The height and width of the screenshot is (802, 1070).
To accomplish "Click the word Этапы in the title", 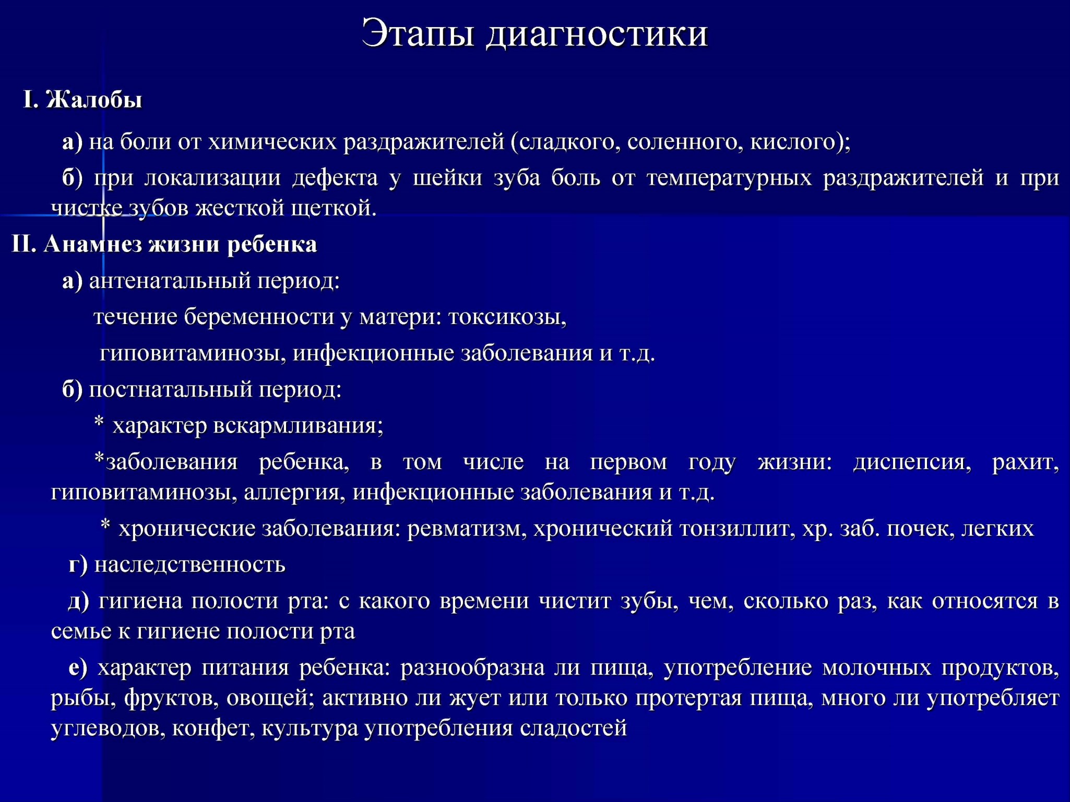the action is (x=418, y=33).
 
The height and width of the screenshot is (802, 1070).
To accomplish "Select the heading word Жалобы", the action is (x=94, y=99).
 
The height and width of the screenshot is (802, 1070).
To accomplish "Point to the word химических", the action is (x=272, y=142).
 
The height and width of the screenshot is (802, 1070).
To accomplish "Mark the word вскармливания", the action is (x=298, y=426).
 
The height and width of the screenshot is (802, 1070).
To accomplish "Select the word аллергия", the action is (x=294, y=493).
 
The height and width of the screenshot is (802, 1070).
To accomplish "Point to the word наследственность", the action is (x=190, y=565).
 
